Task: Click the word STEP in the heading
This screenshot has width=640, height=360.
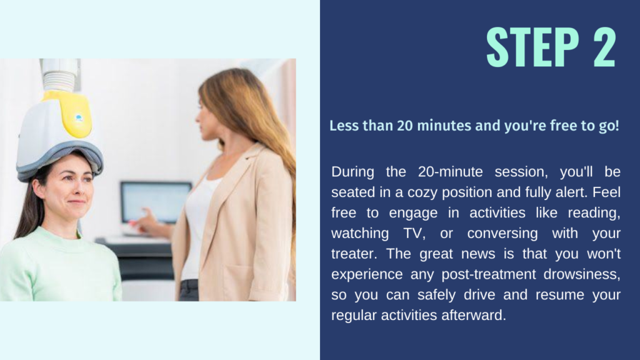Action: [x=532, y=47]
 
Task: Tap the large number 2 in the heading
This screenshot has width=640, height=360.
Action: [x=604, y=47]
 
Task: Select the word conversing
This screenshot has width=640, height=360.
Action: [x=502, y=233]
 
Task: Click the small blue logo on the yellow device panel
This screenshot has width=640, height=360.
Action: [x=79, y=118]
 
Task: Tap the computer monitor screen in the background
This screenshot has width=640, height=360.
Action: [x=156, y=202]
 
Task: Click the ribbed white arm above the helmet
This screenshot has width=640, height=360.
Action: [x=61, y=81]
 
